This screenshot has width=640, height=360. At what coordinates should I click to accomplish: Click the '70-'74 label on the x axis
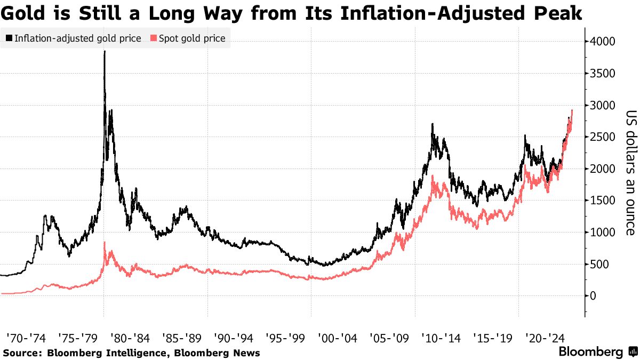pos(25,338)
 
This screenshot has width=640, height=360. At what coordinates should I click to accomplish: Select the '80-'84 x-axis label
pos(129,338)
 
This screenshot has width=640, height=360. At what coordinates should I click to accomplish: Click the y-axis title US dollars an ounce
pos(630,172)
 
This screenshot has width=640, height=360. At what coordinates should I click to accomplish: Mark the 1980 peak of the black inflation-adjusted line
pos(105,52)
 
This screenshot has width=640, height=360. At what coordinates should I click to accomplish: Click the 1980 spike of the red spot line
pos(105,243)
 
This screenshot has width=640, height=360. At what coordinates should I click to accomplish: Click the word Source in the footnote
pos(21,353)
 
